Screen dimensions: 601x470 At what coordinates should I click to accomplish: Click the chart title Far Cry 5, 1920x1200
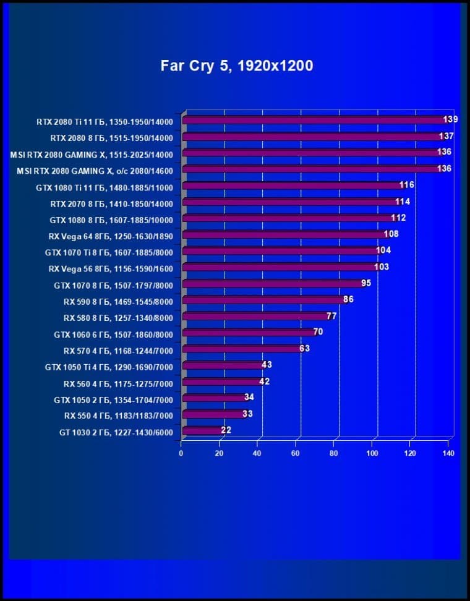(x=237, y=66)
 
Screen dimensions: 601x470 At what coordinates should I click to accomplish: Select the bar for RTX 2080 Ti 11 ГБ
(x=315, y=120)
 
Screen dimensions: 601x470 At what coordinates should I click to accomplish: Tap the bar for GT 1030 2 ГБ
(x=203, y=430)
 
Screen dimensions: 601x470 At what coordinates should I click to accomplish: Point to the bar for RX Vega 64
(x=284, y=234)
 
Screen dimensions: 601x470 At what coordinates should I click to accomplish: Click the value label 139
(x=450, y=119)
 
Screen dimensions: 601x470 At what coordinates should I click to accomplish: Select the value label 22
(x=226, y=430)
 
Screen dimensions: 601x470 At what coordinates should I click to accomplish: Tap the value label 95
(x=366, y=283)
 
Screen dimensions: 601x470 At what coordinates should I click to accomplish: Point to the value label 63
(x=304, y=348)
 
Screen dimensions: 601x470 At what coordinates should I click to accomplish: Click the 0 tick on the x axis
(x=181, y=453)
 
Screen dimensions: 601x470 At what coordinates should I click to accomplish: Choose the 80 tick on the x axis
(x=334, y=453)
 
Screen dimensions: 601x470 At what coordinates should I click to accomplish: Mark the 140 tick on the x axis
(x=448, y=453)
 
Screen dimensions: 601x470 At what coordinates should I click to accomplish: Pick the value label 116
(x=407, y=185)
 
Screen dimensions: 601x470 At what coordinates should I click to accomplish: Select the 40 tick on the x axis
(x=257, y=453)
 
